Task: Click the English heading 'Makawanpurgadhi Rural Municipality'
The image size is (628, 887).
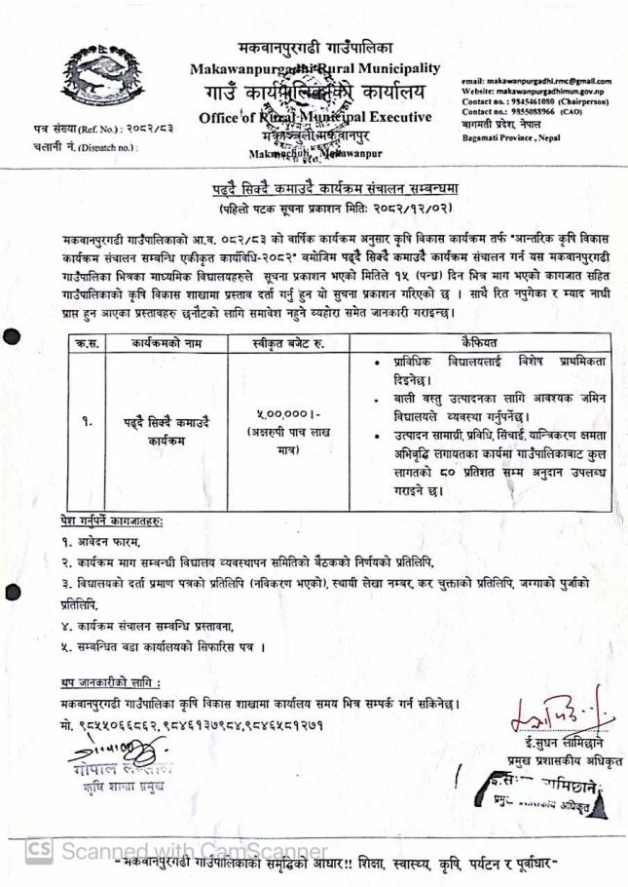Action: (315, 69)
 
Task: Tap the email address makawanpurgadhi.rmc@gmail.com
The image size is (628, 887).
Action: (535, 81)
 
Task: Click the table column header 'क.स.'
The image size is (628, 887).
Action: (85, 343)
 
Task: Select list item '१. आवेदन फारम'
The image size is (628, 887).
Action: (100, 543)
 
